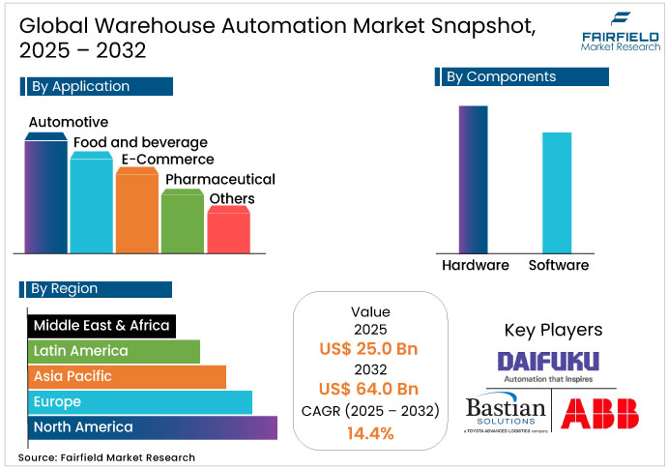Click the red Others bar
(x=228, y=230)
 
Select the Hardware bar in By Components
(x=473, y=178)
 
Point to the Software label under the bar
(x=558, y=265)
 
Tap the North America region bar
(x=151, y=426)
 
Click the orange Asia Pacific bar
(x=126, y=376)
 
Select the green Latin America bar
(x=113, y=351)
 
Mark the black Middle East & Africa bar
(x=101, y=326)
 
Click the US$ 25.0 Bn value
(x=369, y=348)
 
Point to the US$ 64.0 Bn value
(x=369, y=389)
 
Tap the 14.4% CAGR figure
(x=369, y=433)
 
